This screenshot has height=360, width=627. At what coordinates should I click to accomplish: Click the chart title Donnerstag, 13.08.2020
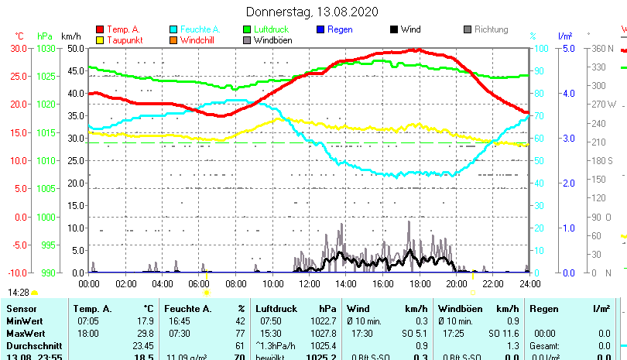click(x=313, y=12)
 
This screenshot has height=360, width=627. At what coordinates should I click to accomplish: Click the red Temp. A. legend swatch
click(x=99, y=29)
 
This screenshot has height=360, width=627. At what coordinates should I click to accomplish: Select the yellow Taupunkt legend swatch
click(x=99, y=39)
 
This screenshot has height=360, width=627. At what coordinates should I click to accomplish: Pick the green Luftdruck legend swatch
click(x=247, y=29)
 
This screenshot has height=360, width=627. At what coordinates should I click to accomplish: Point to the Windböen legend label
click(x=272, y=39)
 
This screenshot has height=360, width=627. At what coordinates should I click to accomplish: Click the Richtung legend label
click(x=492, y=29)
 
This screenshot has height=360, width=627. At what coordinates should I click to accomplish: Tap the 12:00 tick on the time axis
click(x=310, y=283)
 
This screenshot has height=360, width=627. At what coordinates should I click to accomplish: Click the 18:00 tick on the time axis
click(x=420, y=283)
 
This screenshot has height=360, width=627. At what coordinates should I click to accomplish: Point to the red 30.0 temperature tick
click(x=19, y=48)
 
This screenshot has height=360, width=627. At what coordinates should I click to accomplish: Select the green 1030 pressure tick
click(x=46, y=48)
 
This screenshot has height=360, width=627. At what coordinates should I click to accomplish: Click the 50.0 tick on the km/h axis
click(x=75, y=48)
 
